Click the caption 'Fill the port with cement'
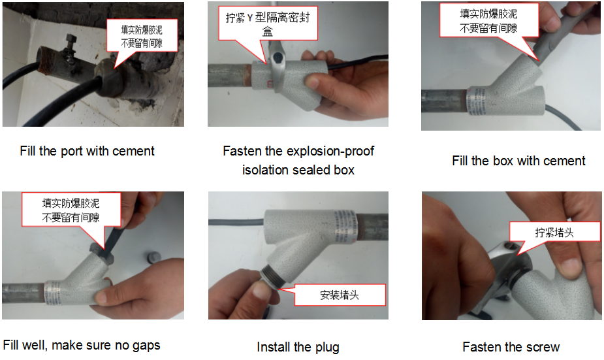pyautogui.click(x=87, y=151)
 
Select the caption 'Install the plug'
pyautogui.click(x=298, y=347)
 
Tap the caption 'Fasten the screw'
pyautogui.click(x=511, y=346)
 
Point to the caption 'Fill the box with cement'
pyautogui.click(x=518, y=160)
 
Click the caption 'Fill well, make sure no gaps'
pyautogui.click(x=81, y=345)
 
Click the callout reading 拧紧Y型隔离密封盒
pyautogui.click(x=268, y=24)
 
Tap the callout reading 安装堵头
pyautogui.click(x=340, y=295)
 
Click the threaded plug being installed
pyautogui.click(x=272, y=277)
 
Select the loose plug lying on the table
pyautogui.click(x=154, y=257)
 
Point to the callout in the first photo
pyautogui.click(x=142, y=36)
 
